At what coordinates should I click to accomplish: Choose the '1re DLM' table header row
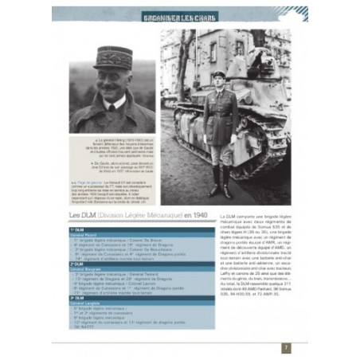tap(80, 229)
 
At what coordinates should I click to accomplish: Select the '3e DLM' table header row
tap(80, 297)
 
